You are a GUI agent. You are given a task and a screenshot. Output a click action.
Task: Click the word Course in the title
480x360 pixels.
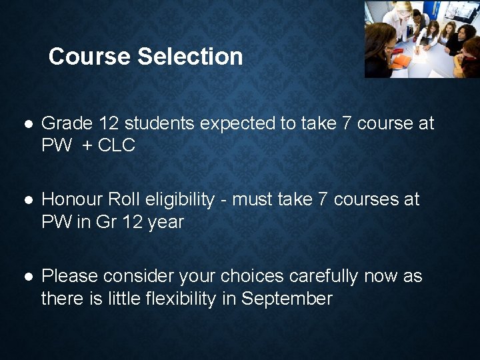tap(90, 57)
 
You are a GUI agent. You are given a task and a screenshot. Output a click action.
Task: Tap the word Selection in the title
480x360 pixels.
tap(190, 57)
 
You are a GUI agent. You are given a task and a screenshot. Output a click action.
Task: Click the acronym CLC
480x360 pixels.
tap(117, 145)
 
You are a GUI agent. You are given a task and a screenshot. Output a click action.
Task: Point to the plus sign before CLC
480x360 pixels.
tap(88, 145)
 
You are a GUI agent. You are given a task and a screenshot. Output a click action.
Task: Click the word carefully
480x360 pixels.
tap(323, 276)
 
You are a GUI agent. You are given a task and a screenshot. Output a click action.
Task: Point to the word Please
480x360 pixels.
tap(69, 276)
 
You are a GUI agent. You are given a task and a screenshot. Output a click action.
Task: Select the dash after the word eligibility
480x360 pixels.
tap(225, 200)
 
